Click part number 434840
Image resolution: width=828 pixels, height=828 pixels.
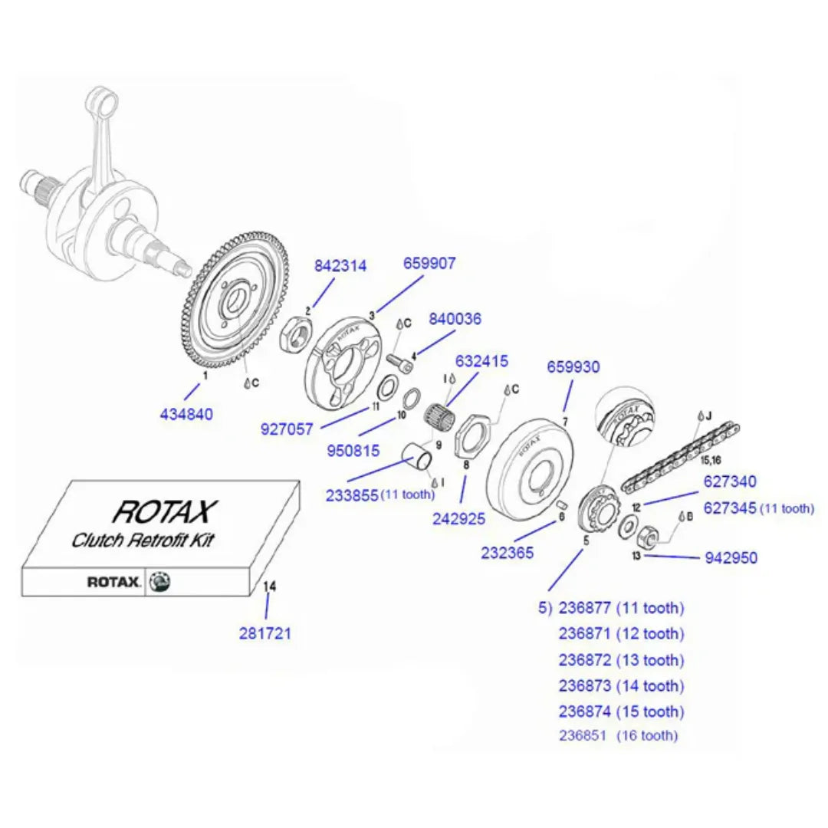[186, 415]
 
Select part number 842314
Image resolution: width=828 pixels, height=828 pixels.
[340, 266]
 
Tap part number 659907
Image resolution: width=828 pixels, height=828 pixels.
[429, 264]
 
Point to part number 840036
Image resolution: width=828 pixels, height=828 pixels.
[455, 318]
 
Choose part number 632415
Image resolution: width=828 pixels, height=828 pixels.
[482, 360]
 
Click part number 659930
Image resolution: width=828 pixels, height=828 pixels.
[573, 367]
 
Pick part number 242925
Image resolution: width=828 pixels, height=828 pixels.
[458, 518]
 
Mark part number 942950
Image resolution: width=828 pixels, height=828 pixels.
[731, 557]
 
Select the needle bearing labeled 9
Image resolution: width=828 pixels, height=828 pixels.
[439, 421]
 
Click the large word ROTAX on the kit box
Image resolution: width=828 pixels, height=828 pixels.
[165, 511]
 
